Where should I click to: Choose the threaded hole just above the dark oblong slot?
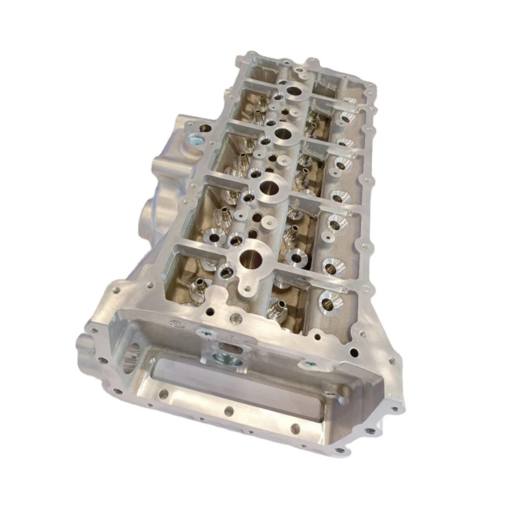click(x=233, y=317)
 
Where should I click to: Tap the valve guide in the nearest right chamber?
click(x=277, y=305)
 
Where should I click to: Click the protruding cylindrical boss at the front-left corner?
click(x=85, y=342)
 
